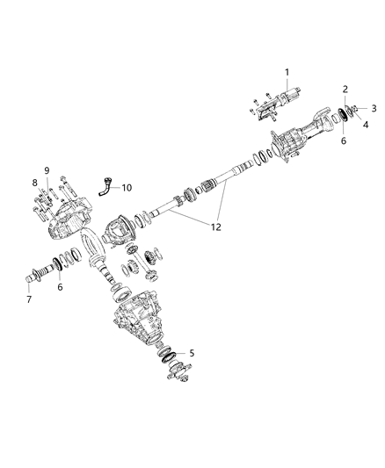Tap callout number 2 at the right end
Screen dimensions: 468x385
point(345,90)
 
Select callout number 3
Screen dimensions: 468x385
point(373,108)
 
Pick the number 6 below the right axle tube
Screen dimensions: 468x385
point(343,141)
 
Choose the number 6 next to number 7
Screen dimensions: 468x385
point(59,286)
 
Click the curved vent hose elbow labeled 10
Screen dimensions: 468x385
point(105,187)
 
